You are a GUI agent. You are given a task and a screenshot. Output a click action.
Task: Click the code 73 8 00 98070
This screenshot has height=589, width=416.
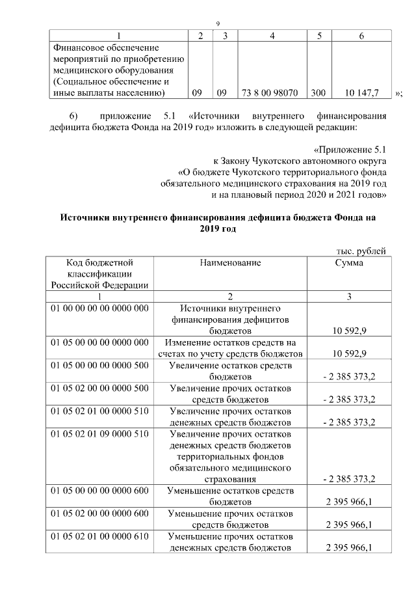[x=270, y=94]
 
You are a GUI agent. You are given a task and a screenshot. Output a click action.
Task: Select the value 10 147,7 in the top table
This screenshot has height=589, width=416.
[x=362, y=94]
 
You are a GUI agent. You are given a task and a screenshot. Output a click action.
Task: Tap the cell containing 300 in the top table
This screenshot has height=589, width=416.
[x=318, y=94]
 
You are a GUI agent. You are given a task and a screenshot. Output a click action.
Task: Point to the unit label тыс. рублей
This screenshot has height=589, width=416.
[x=361, y=251]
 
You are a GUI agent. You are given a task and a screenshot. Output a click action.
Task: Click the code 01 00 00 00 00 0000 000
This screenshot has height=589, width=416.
[x=97, y=308]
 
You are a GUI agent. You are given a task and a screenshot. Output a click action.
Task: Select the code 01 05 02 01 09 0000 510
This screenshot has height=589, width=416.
[x=97, y=435]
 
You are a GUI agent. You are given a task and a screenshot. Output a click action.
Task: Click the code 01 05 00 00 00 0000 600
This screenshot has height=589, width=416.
[x=97, y=489]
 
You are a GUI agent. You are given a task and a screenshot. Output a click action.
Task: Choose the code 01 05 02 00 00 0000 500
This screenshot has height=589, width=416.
[x=97, y=389]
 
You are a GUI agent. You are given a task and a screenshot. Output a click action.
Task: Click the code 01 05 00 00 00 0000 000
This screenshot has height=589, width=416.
[x=97, y=342]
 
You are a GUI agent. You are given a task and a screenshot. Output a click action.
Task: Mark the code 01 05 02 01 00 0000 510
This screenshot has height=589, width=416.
[x=97, y=411]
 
